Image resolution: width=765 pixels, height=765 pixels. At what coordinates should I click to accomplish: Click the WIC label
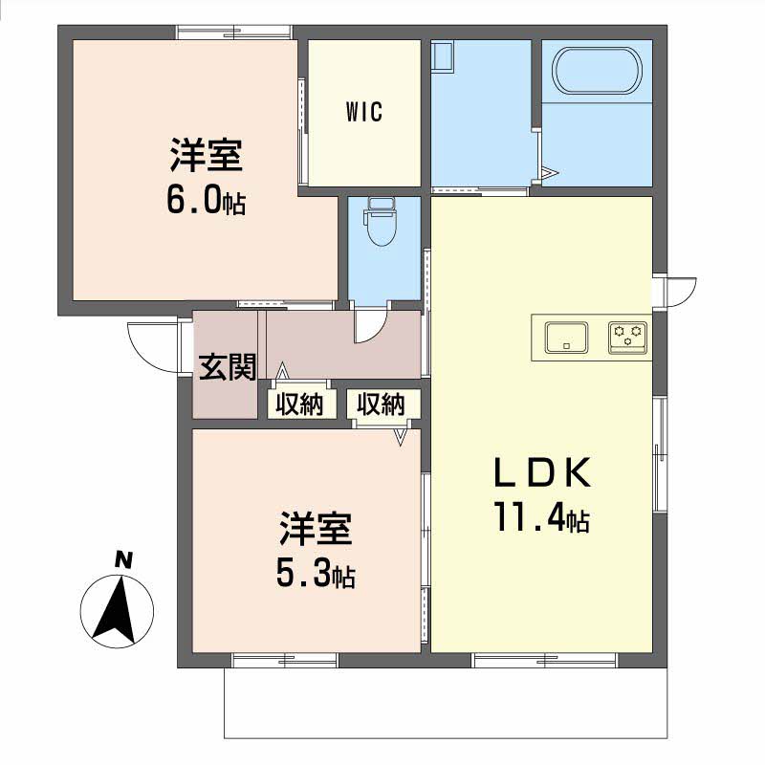pyautogui.click(x=364, y=112)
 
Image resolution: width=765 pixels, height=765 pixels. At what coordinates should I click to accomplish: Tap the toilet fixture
pyautogui.click(x=381, y=222)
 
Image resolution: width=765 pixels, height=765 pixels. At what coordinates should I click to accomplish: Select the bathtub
pyautogui.click(x=597, y=70)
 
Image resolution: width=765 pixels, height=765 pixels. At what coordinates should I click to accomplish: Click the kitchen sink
pyautogui.click(x=566, y=338)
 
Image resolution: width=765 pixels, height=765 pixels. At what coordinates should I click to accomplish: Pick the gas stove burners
pyautogui.click(x=628, y=338)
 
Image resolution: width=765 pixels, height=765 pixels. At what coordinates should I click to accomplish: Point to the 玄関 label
pyautogui.click(x=228, y=367)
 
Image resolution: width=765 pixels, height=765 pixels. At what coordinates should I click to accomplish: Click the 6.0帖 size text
pyautogui.click(x=206, y=201)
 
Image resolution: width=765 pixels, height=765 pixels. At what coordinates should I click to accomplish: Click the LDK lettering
pyautogui.click(x=542, y=472)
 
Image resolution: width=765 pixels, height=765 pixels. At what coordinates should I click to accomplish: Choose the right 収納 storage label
pyautogui.click(x=381, y=404)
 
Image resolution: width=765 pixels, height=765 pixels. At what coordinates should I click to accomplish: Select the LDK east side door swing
pyautogui.click(x=683, y=292)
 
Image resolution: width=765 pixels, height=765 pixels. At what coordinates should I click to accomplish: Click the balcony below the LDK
pyautogui.click(x=446, y=703)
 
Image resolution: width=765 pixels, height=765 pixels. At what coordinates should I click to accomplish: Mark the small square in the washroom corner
pyautogui.click(x=443, y=56)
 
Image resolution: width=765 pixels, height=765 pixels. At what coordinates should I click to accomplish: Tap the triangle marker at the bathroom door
pyautogui.click(x=550, y=172)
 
